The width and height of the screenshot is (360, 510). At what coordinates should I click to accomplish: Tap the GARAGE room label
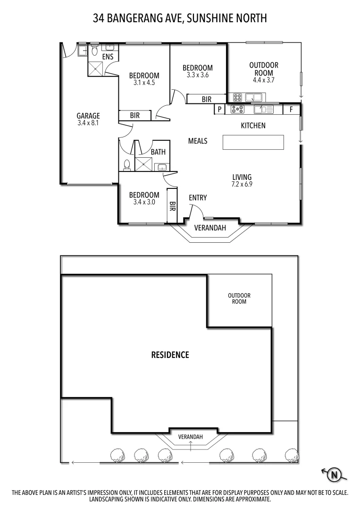[x=88, y=116]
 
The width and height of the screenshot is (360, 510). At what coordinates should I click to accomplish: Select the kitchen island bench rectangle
[x=253, y=142]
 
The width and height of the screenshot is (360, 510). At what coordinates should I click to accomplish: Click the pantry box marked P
[x=219, y=110]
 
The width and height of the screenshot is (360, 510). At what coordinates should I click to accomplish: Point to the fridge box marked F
[x=292, y=110]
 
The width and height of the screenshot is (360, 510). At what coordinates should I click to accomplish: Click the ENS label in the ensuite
[x=108, y=57]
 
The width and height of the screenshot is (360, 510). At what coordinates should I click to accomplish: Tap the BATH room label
[x=158, y=152]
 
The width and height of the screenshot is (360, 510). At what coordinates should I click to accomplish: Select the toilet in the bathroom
[x=126, y=165]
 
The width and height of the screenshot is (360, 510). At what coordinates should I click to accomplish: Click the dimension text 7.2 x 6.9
[x=242, y=185]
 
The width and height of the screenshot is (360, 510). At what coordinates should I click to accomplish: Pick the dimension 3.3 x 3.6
[x=197, y=75]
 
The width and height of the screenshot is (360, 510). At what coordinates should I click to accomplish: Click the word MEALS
[x=197, y=141]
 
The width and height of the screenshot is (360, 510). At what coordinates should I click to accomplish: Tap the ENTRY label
[x=197, y=198]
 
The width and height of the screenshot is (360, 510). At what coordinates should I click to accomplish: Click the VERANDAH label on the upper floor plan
[x=210, y=228]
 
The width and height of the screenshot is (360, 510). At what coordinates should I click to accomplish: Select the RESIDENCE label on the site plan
[x=170, y=355]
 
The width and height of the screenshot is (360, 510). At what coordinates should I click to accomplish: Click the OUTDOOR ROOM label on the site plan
[x=239, y=298]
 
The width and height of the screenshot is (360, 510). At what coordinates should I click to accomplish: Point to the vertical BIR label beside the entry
[x=172, y=206]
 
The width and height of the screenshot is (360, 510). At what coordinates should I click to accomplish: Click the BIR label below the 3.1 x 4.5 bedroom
[x=134, y=115]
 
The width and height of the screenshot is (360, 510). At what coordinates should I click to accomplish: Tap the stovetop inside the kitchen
[x=237, y=110]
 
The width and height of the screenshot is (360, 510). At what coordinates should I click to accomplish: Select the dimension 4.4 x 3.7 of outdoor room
[x=264, y=80]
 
